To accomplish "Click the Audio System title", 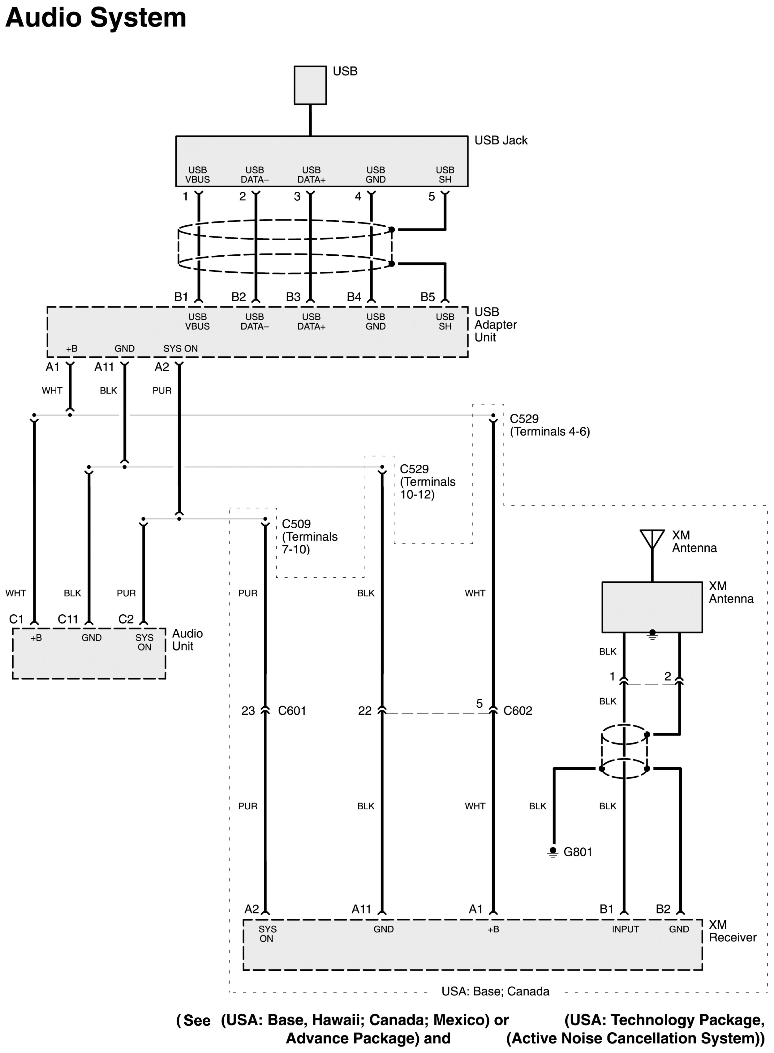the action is (x=96, y=18).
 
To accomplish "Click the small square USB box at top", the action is (x=310, y=85).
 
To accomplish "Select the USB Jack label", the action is (x=501, y=140).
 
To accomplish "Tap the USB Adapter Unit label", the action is (x=495, y=325).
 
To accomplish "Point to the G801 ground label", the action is (x=578, y=852).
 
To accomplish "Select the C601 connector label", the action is (x=292, y=711).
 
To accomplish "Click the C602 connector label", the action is (x=518, y=711).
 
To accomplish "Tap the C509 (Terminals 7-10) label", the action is (x=310, y=537).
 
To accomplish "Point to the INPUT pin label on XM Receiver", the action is (x=625, y=929).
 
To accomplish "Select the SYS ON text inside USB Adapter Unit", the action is (x=180, y=349).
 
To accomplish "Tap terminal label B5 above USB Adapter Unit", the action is (x=427, y=297).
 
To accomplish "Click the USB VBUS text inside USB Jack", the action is (x=197, y=175).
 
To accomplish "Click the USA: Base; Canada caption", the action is (x=495, y=991).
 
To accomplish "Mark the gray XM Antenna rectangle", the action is (x=652, y=607).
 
